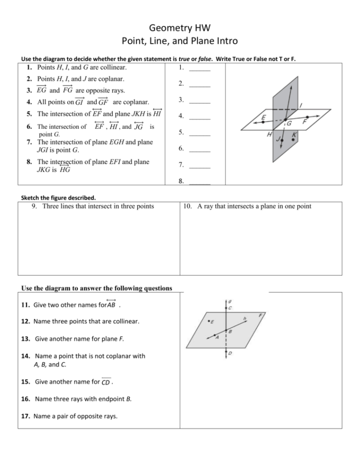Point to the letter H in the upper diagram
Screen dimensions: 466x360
click(270, 135)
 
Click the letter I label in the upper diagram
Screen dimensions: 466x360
click(301, 104)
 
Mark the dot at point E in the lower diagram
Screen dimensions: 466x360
click(208, 321)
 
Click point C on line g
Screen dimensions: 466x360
click(225, 307)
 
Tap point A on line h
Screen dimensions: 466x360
click(216, 337)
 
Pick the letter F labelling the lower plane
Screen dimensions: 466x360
click(260, 315)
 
